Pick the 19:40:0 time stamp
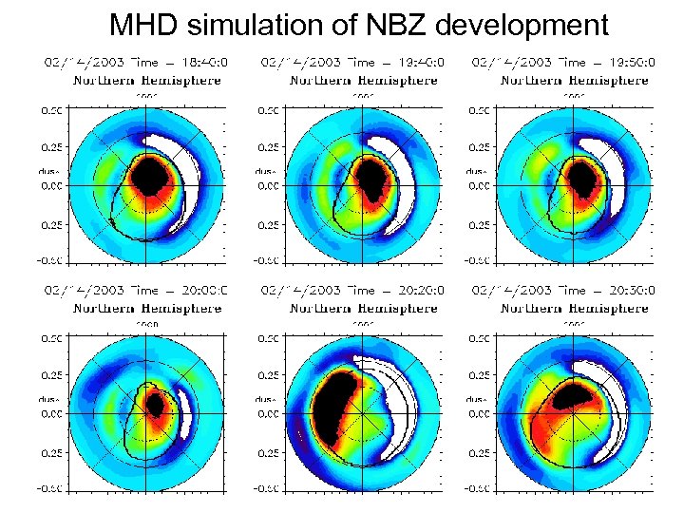(x=413, y=63)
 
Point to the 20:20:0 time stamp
(x=413, y=291)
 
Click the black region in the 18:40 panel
(x=149, y=176)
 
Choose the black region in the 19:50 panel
(x=578, y=176)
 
